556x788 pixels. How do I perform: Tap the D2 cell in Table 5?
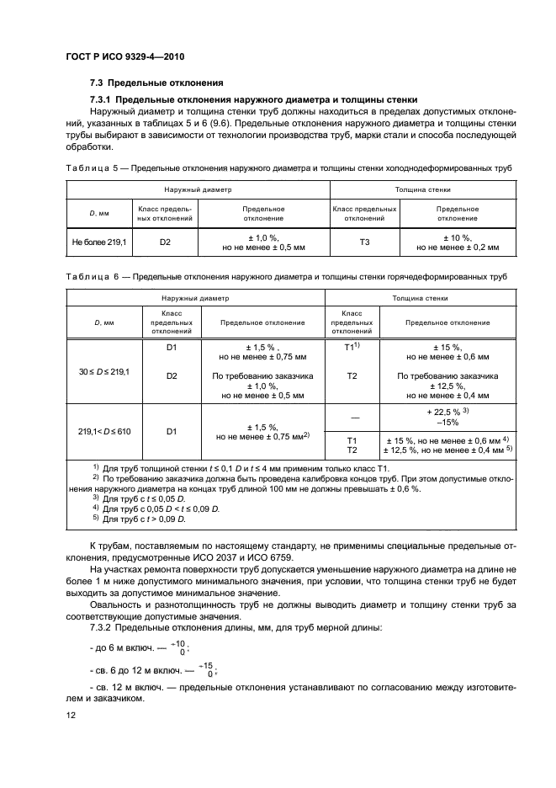pos(165,242)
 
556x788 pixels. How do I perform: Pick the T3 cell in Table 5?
pos(363,242)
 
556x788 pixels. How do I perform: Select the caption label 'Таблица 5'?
pos(94,168)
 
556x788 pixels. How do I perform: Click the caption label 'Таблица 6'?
pos(94,276)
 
